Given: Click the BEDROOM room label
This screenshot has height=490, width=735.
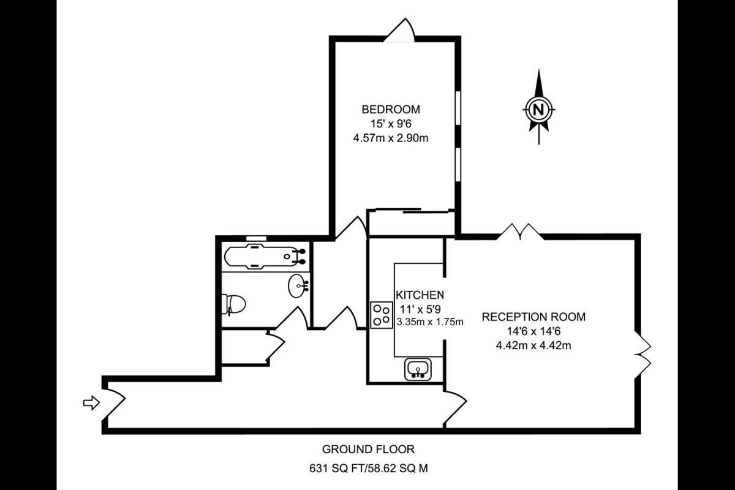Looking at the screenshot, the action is click(391, 109).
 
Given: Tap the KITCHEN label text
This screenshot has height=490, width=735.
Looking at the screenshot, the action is click(420, 295).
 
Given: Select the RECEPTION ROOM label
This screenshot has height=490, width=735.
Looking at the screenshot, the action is click(533, 317).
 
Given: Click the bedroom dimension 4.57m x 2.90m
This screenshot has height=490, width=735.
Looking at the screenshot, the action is click(391, 138).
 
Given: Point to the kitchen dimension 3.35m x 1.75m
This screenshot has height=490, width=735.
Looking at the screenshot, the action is click(430, 322).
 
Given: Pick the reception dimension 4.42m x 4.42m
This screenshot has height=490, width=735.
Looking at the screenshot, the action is click(533, 345).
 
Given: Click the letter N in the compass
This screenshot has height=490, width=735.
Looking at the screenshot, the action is click(538, 109).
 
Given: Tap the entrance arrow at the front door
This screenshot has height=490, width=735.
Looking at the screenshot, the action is click(91, 402).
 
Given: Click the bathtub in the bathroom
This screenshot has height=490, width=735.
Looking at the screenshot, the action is click(265, 256).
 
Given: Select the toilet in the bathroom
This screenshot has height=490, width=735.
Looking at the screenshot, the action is click(233, 304).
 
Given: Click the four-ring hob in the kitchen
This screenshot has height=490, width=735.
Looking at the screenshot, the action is click(382, 315).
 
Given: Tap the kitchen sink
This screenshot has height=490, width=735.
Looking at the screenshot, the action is click(418, 369).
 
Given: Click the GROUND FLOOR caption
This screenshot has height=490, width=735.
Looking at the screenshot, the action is click(368, 450).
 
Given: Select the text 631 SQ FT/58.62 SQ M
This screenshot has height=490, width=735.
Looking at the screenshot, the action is click(369, 469).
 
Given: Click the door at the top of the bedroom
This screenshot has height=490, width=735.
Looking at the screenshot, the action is click(399, 30).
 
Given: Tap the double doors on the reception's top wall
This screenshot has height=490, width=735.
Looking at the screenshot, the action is click(520, 232).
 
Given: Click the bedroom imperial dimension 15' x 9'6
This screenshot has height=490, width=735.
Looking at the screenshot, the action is click(391, 124).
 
